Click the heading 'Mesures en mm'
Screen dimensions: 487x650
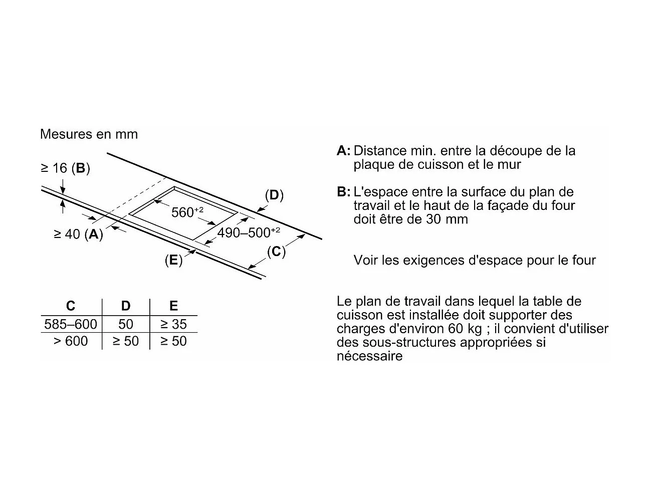click(89, 134)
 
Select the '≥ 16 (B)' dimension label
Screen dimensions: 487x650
click(65, 168)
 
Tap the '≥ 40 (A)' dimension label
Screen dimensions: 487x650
click(78, 234)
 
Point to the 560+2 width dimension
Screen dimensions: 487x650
click(187, 212)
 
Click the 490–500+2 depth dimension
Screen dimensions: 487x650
click(248, 232)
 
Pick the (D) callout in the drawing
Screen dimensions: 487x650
click(274, 195)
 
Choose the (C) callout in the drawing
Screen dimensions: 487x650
click(276, 252)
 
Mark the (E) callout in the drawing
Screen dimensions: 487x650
click(173, 260)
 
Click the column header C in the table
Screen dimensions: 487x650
click(71, 306)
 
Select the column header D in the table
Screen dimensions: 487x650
click(126, 306)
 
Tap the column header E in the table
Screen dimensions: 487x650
click(173, 306)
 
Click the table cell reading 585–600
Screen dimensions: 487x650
click(71, 324)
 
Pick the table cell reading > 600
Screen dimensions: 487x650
click(71, 341)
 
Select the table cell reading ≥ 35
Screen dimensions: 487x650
click(173, 324)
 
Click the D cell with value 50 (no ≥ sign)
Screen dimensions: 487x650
click(126, 324)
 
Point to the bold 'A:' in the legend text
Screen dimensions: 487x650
click(344, 151)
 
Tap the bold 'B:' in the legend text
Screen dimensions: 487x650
click(344, 192)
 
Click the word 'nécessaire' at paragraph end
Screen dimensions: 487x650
click(369, 356)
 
